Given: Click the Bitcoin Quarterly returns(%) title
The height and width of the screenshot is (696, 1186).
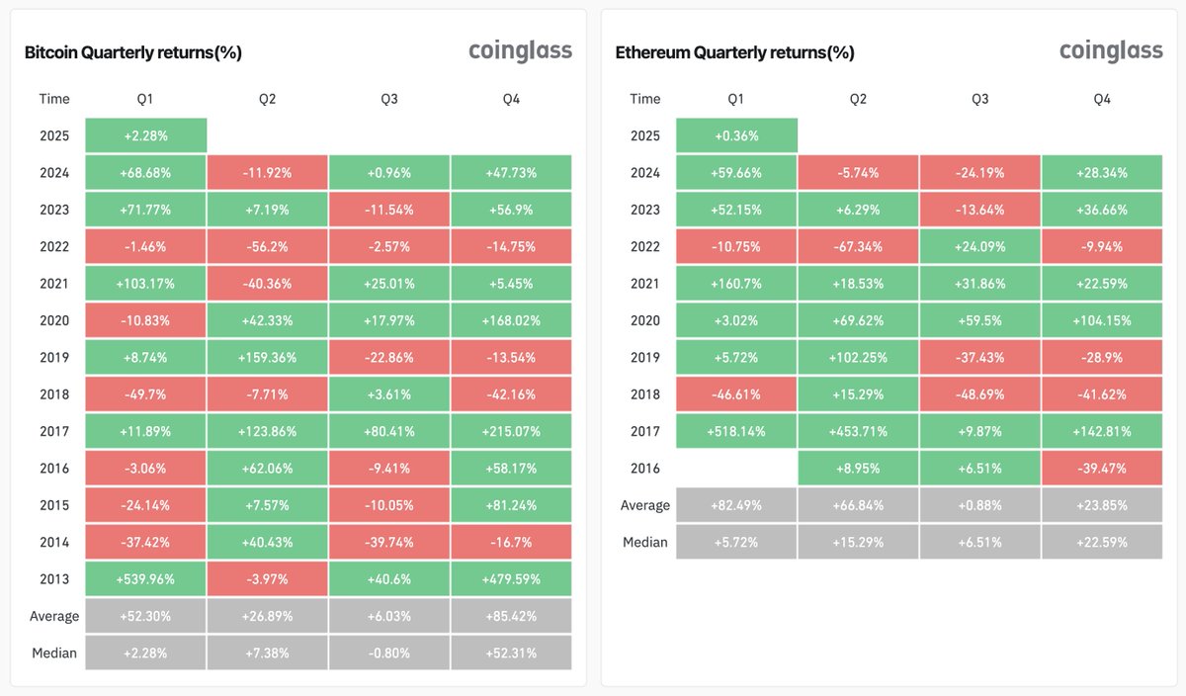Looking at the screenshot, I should [x=133, y=52].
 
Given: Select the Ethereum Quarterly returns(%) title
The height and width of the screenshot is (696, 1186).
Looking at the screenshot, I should [x=734, y=52].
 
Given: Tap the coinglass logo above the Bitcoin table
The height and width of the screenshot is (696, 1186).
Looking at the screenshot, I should [x=520, y=50].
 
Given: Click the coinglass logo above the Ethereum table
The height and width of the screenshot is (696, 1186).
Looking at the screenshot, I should [x=1111, y=50].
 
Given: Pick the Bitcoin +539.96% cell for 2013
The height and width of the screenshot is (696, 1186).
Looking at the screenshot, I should [x=145, y=578].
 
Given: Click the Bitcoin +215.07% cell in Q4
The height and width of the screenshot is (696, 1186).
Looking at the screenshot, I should [x=511, y=431].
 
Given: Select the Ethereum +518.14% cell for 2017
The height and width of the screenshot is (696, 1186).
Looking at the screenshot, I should [x=736, y=431].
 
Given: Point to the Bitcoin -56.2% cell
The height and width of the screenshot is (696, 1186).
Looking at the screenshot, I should [x=267, y=246].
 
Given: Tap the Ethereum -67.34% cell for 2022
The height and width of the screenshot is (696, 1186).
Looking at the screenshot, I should [x=858, y=246].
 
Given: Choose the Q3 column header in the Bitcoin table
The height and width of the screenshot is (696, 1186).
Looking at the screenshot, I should [x=389, y=99].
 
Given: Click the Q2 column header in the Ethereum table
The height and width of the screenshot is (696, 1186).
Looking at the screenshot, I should [x=858, y=99].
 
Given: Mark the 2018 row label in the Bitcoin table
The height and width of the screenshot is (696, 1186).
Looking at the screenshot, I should [x=54, y=394].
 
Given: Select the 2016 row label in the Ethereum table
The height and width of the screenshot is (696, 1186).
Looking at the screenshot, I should [x=645, y=468].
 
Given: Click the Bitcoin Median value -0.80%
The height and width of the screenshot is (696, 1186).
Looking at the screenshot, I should [x=389, y=652].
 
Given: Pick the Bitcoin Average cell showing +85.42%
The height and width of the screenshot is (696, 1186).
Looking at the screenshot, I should [x=511, y=616].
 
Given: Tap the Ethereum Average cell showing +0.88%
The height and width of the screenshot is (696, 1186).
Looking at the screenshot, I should [x=979, y=505].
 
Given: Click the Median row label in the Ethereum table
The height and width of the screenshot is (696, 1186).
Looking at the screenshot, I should [x=645, y=542].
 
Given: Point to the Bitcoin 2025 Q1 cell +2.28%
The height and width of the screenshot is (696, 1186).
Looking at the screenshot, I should [x=145, y=135].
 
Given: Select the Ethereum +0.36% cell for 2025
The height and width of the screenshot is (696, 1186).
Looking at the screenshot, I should [x=736, y=135].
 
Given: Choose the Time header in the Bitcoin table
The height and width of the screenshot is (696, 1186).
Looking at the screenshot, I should [x=54, y=99].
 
